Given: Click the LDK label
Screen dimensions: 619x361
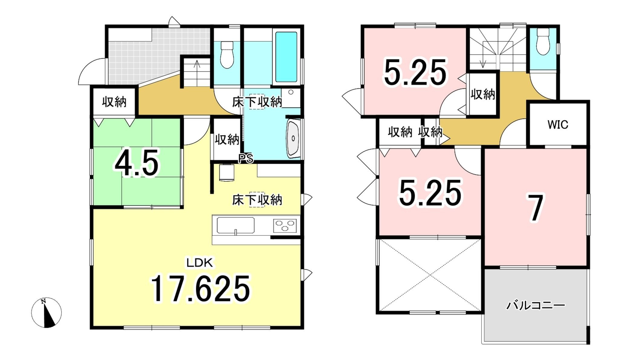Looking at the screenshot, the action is point(200,263).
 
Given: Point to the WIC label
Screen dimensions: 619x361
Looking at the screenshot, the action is point(558,125).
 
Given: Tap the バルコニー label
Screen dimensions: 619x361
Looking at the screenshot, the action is point(536,305).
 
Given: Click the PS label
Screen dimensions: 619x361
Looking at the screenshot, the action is point(246,158).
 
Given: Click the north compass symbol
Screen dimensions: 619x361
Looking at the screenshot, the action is point(46,313).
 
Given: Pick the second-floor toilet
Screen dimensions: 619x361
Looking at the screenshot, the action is point(543,41).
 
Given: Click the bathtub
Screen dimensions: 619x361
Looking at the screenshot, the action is point(286,57).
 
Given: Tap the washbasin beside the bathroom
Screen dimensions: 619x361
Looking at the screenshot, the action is point(293,138).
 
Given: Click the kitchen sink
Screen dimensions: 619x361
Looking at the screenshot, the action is point(235,225).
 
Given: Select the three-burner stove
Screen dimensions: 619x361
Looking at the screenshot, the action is point(285,225).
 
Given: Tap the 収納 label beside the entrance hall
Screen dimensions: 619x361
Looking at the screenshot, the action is point(114,102).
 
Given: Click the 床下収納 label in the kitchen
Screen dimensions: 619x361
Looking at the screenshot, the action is point(257,200).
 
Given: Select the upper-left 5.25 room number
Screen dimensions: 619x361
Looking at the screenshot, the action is point(415,72).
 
